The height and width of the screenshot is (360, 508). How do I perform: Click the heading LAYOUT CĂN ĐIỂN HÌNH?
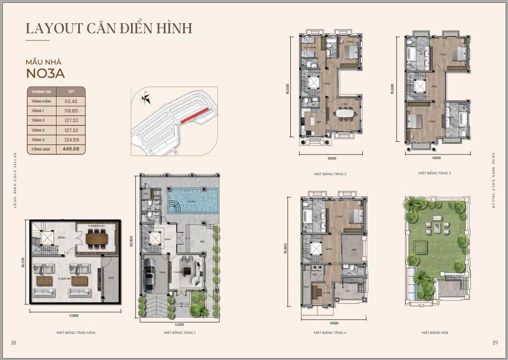point(109,28)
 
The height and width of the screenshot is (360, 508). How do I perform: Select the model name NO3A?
point(46,74)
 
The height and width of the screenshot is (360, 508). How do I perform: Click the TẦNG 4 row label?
point(38,139)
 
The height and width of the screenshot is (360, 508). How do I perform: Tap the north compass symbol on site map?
point(146,99)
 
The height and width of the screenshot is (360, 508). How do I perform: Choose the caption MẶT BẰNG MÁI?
point(434,332)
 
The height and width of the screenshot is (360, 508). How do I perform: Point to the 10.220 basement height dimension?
point(23,262)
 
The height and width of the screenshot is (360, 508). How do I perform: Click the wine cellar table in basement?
point(101,237)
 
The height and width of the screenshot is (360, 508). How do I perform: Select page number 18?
point(13,343)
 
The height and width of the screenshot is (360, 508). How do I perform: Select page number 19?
point(495,343)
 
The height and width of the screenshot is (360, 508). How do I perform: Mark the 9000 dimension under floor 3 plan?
point(436,158)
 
